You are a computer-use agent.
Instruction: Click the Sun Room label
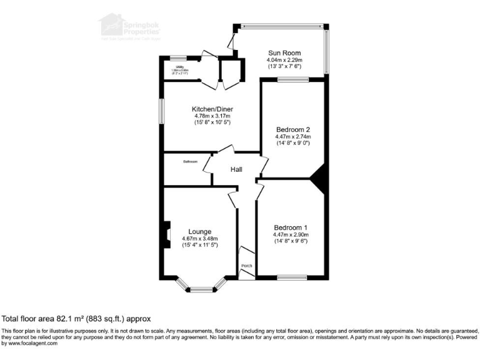pos(284,52)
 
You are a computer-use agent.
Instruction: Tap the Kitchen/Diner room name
pos(212,109)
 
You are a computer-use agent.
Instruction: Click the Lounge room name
pos(200,231)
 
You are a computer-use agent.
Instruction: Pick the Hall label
pos(236,169)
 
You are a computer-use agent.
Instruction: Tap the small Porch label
pos(247,265)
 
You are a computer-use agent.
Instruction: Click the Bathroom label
pos(191,161)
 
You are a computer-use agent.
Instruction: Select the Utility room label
pos(179,66)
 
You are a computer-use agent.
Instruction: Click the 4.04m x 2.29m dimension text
pos(284,60)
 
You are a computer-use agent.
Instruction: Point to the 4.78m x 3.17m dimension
pos(212,116)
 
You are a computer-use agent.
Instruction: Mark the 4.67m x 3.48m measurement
pos(200,239)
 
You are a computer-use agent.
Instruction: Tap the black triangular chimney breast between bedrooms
pos(320,177)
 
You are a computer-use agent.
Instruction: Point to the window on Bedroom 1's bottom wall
pos(291,277)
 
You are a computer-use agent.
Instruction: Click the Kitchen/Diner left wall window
pos(161,111)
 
